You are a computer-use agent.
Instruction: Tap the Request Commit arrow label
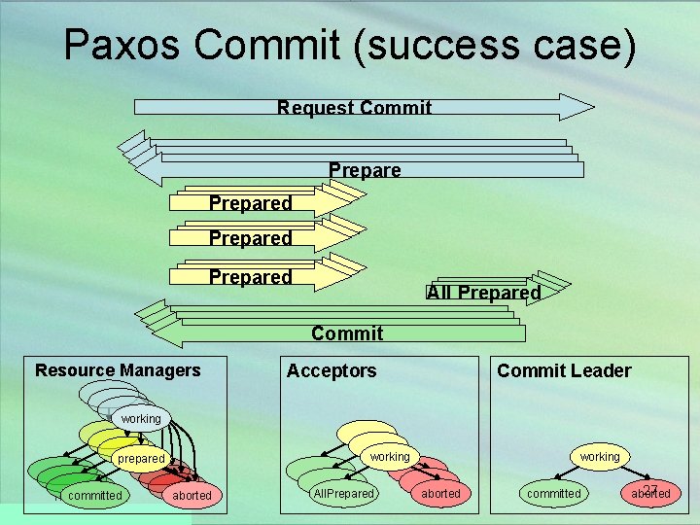[354, 108]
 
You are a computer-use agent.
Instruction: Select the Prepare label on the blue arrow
[365, 171]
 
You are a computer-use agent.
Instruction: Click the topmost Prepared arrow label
[250, 203]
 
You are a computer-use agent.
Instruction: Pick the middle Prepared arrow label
[250, 238]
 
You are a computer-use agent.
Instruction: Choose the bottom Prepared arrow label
[250, 277]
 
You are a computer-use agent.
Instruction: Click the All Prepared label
[483, 293]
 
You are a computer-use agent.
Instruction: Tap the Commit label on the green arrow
[347, 333]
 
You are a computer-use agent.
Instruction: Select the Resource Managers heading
[118, 370]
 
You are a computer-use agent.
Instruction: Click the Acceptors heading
[332, 370]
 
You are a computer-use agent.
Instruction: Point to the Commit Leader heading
[564, 370]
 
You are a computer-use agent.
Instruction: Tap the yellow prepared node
[141, 458]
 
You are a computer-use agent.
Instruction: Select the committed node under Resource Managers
[94, 495]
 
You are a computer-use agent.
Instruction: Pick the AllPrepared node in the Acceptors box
[343, 493]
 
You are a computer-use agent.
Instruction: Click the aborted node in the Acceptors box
[440, 494]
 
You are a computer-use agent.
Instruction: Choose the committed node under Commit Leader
[553, 493]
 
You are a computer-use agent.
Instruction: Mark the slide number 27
[651, 489]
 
